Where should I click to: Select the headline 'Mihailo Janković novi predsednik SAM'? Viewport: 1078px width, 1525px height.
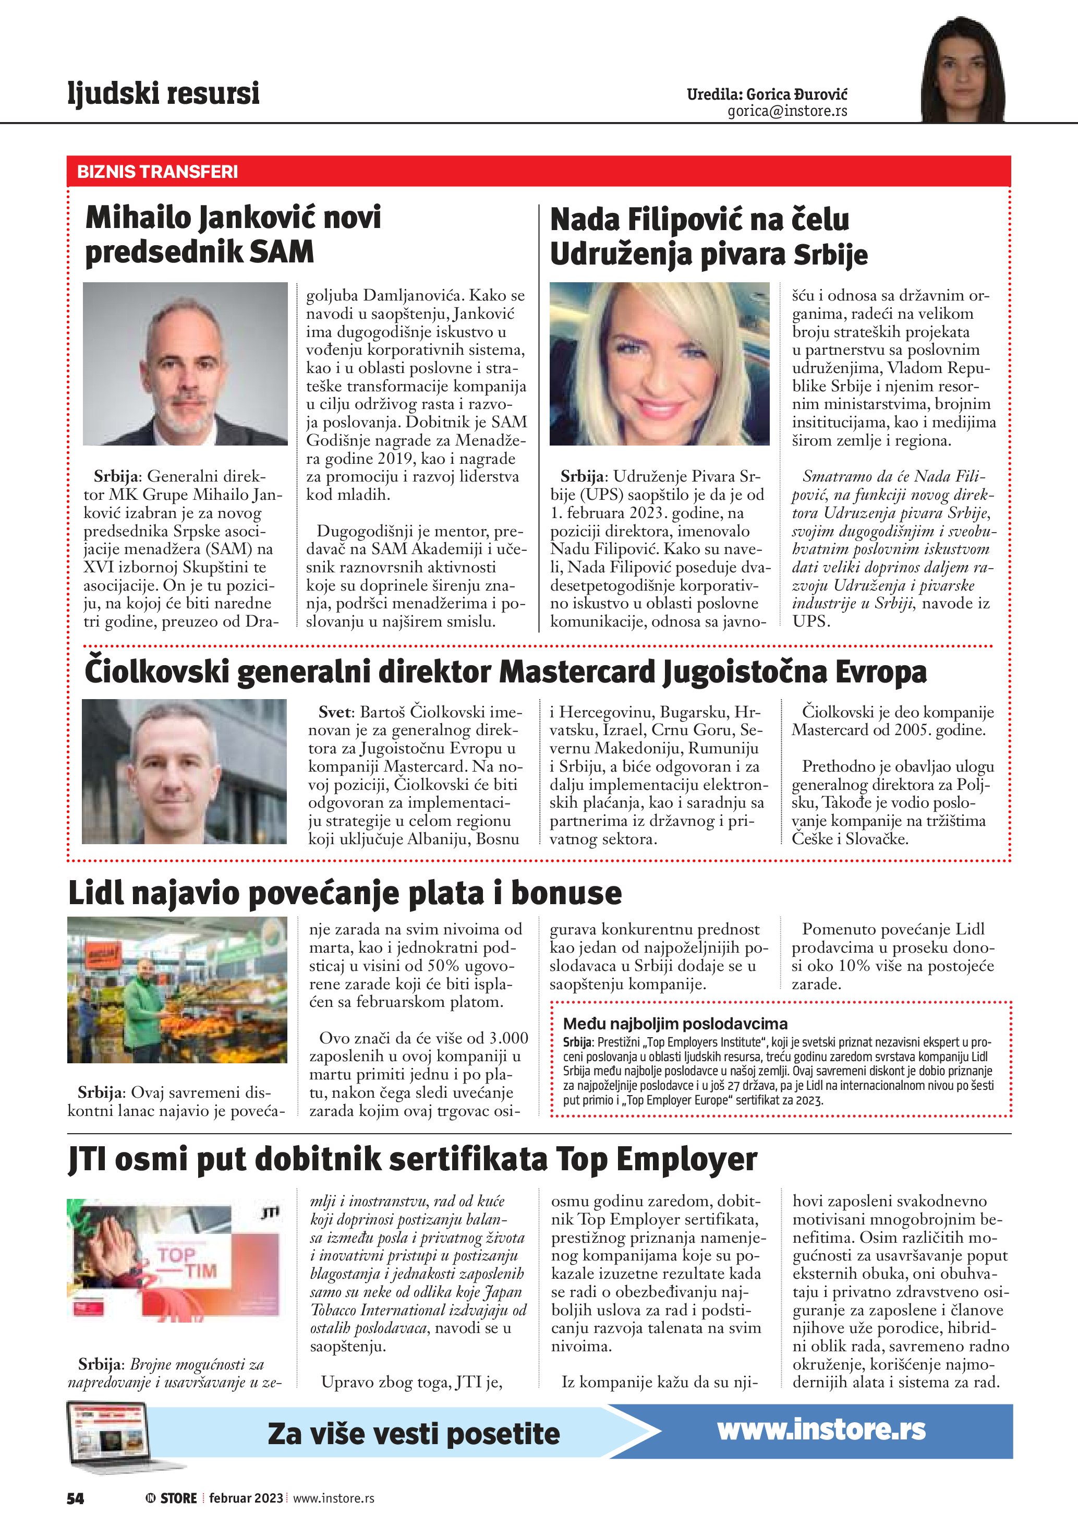point(233,234)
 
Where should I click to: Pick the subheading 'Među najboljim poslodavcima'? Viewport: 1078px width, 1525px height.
point(675,1024)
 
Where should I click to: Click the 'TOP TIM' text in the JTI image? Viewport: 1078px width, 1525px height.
point(186,1262)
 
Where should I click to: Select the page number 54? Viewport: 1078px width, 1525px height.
point(76,1498)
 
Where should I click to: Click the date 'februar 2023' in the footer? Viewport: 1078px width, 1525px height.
point(246,1498)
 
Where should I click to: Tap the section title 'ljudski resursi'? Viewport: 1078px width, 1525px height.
point(163,92)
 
